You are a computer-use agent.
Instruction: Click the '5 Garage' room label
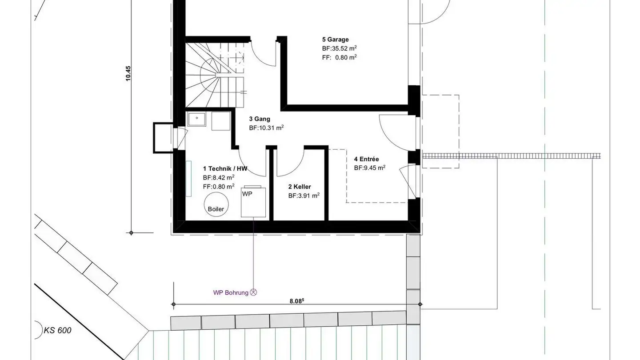click(335, 40)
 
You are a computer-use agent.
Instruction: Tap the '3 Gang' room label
click(259, 119)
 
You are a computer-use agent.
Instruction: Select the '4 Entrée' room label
click(366, 159)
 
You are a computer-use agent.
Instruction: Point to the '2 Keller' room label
click(299, 187)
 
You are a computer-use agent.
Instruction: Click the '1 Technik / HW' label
click(225, 168)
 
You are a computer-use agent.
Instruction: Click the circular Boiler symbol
click(216, 205)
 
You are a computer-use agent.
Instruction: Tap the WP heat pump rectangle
click(253, 202)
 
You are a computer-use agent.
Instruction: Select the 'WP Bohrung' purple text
click(231, 292)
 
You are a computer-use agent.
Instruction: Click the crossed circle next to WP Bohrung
click(254, 292)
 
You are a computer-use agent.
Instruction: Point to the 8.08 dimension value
click(297, 301)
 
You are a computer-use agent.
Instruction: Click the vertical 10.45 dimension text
click(128, 73)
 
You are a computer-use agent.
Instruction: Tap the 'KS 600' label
click(57, 330)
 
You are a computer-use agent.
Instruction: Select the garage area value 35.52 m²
click(340, 48)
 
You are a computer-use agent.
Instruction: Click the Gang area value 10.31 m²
click(266, 128)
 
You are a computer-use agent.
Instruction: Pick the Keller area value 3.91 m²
click(304, 195)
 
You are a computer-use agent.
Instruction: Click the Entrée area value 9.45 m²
click(369, 168)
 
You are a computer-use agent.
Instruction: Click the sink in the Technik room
click(196, 120)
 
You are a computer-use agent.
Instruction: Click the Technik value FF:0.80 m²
click(218, 186)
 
